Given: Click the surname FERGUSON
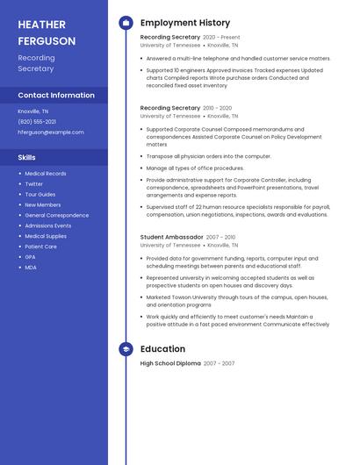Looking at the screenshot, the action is click(x=47, y=40).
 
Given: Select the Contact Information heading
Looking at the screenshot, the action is click(x=56, y=95).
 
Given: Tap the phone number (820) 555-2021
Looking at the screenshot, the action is click(x=37, y=122).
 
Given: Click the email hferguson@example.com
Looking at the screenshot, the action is click(x=51, y=132).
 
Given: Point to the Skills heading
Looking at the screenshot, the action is click(x=27, y=157).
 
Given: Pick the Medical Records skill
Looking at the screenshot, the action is click(x=46, y=174).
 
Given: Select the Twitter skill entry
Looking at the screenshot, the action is click(x=34, y=184).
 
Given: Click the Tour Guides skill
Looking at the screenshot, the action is click(x=40, y=195).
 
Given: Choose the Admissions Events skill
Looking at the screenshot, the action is click(x=48, y=225).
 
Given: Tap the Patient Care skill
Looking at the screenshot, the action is click(x=40, y=247).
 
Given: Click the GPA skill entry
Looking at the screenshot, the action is click(x=30, y=257).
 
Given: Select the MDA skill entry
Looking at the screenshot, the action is click(x=31, y=268).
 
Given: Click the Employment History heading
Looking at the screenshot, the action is click(x=185, y=23).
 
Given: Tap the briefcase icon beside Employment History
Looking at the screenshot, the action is click(x=126, y=23).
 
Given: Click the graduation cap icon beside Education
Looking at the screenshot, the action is click(x=126, y=349).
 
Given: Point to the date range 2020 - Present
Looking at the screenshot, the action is click(x=221, y=38).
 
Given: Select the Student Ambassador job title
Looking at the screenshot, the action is click(x=172, y=237).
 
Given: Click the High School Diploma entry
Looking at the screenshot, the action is click(x=170, y=363).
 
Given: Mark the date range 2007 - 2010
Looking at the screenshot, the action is click(x=221, y=237).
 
